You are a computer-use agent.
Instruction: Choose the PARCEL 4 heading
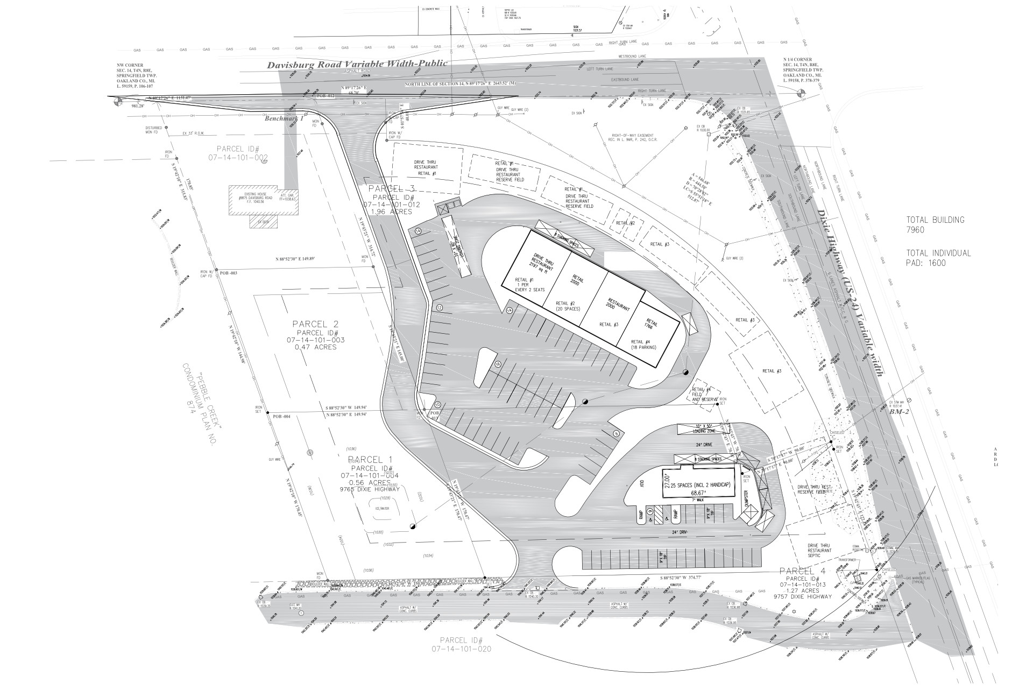(805, 571)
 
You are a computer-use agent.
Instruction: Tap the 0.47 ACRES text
(315, 347)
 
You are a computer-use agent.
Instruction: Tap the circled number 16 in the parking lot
(497, 364)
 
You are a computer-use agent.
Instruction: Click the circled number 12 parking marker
(439, 308)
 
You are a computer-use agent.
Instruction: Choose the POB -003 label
(229, 273)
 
